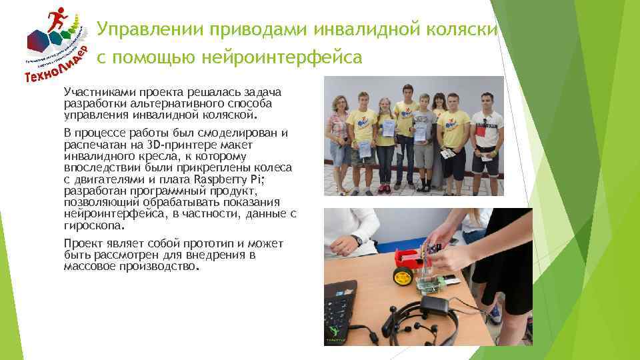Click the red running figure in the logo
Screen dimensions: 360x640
[62, 18]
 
